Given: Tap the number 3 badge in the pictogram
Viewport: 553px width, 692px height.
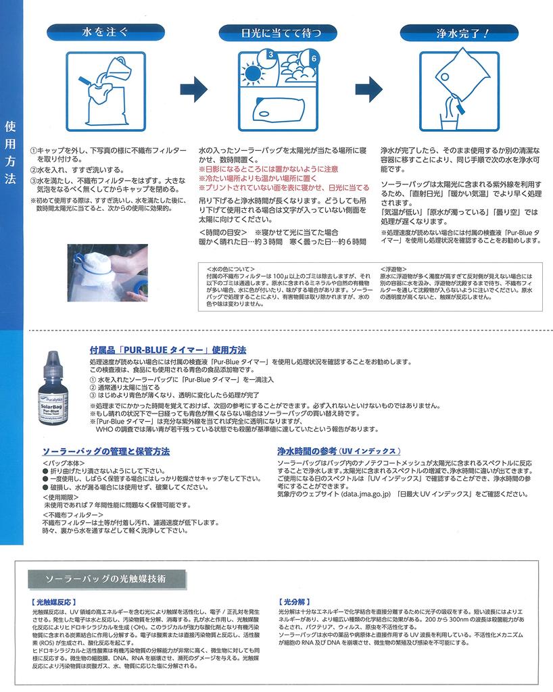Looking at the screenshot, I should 270,54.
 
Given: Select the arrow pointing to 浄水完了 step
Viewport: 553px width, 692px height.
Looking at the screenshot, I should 368,88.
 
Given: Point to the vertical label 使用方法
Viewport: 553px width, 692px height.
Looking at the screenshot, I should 9,153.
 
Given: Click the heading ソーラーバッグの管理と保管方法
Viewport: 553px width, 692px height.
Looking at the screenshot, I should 106,451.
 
